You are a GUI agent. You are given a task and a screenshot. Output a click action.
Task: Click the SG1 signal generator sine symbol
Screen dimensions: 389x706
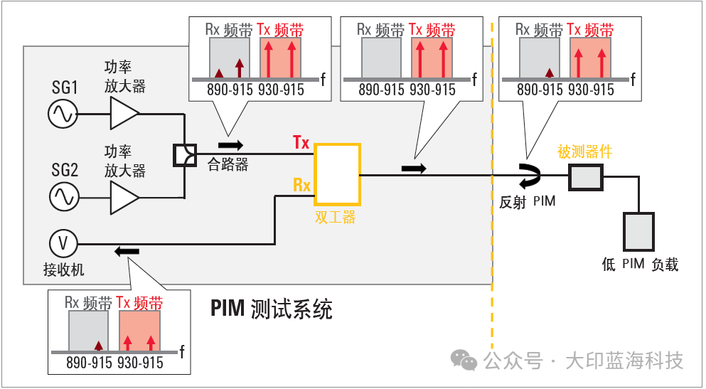point(63,114)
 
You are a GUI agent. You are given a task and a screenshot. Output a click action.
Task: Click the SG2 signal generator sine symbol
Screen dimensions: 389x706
point(63,196)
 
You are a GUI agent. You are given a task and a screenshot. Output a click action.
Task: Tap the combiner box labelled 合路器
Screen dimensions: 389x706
point(184,154)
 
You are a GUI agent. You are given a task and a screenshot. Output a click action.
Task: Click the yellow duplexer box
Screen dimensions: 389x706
point(337,174)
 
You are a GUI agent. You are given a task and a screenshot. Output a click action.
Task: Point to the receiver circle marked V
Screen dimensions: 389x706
point(63,244)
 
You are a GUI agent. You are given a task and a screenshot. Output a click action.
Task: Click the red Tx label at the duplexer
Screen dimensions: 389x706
point(301,142)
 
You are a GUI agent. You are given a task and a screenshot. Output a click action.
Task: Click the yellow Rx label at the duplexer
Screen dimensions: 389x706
point(302,186)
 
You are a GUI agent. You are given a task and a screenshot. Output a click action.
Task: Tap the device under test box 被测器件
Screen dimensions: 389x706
point(585,175)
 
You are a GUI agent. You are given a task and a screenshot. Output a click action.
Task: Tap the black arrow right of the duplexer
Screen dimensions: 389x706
point(413,169)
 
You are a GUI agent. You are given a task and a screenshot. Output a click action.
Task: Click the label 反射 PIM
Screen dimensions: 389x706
point(527,202)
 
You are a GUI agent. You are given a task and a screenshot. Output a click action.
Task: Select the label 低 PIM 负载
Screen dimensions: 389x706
point(640,265)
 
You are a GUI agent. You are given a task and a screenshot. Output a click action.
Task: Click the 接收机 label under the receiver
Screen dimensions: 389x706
point(63,270)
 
